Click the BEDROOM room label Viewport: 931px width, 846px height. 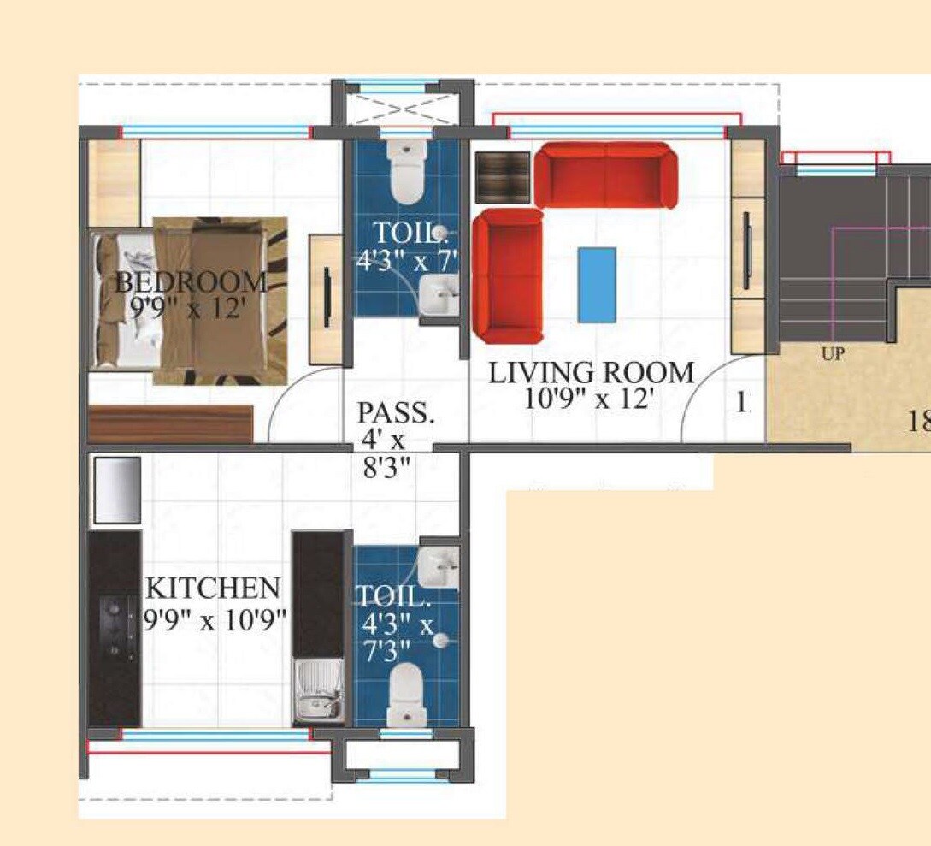191,281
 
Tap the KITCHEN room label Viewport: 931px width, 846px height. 212,589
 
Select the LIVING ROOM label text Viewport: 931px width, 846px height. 591,373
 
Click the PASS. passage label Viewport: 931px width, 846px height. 396,413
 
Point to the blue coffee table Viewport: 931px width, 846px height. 597,285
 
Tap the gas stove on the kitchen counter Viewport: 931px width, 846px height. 114,630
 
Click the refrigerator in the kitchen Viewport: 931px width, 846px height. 116,489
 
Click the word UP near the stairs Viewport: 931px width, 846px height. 833,353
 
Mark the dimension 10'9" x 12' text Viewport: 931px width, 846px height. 591,399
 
